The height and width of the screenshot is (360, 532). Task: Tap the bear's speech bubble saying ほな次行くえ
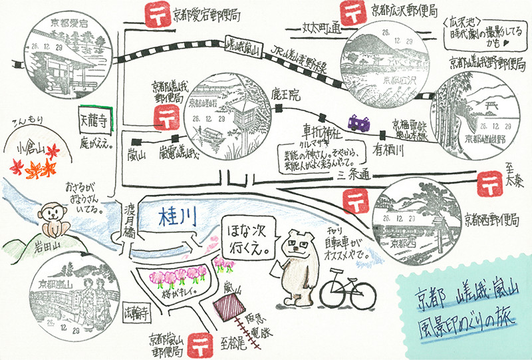[x=247, y=242]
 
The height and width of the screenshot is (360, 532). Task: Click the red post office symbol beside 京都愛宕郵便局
[x=154, y=13]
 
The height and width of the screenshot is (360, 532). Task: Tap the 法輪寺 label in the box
[x=138, y=310]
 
